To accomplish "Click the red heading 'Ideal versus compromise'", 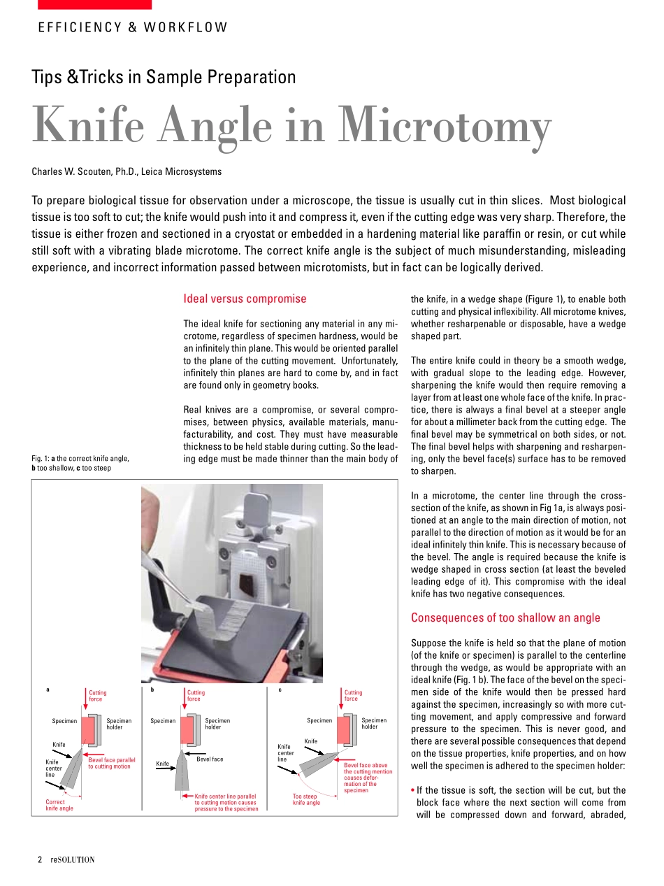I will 245,299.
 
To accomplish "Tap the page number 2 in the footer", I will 40,859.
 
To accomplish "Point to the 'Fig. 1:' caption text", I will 80,463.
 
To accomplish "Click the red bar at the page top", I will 94,4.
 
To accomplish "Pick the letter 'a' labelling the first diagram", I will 48,689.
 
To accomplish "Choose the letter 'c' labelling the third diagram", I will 280,689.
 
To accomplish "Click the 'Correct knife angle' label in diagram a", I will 59,805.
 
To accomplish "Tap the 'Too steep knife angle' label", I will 306,799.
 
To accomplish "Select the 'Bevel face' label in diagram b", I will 210,759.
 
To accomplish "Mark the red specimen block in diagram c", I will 344,730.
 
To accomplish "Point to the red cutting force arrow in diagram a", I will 85,702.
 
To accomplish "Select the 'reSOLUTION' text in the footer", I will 72,859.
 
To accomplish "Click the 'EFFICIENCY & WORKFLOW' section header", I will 133,28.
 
